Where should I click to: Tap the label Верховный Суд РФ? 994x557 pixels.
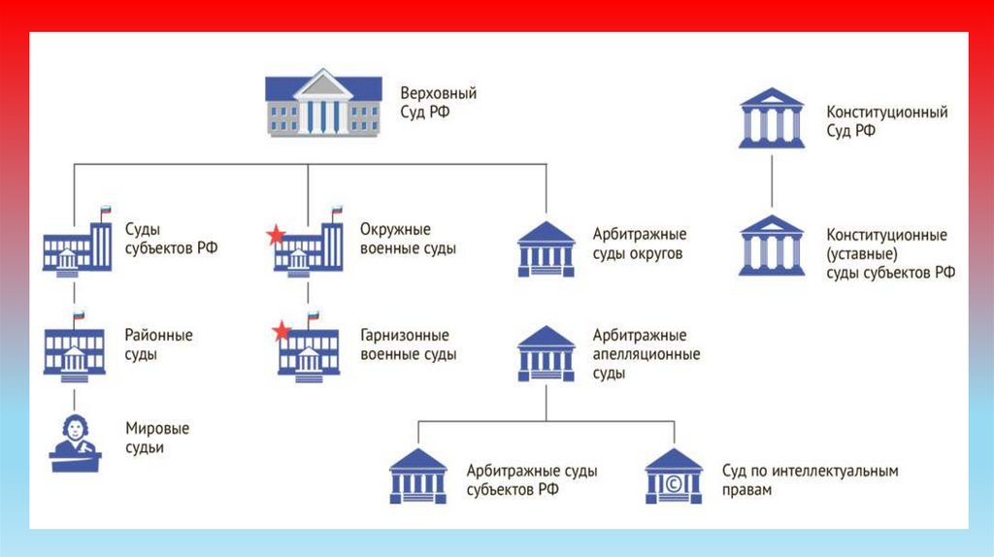[439, 103]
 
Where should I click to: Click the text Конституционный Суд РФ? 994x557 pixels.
[886, 121]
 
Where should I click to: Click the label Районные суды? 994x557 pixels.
[159, 344]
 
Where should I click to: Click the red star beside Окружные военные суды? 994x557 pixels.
[277, 235]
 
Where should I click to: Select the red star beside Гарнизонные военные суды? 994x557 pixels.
[282, 333]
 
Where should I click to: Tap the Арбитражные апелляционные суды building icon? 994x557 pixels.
[546, 352]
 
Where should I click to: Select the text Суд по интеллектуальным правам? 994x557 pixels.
[810, 480]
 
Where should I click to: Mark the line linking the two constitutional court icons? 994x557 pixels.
[772, 181]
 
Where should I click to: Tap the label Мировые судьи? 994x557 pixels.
[157, 438]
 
